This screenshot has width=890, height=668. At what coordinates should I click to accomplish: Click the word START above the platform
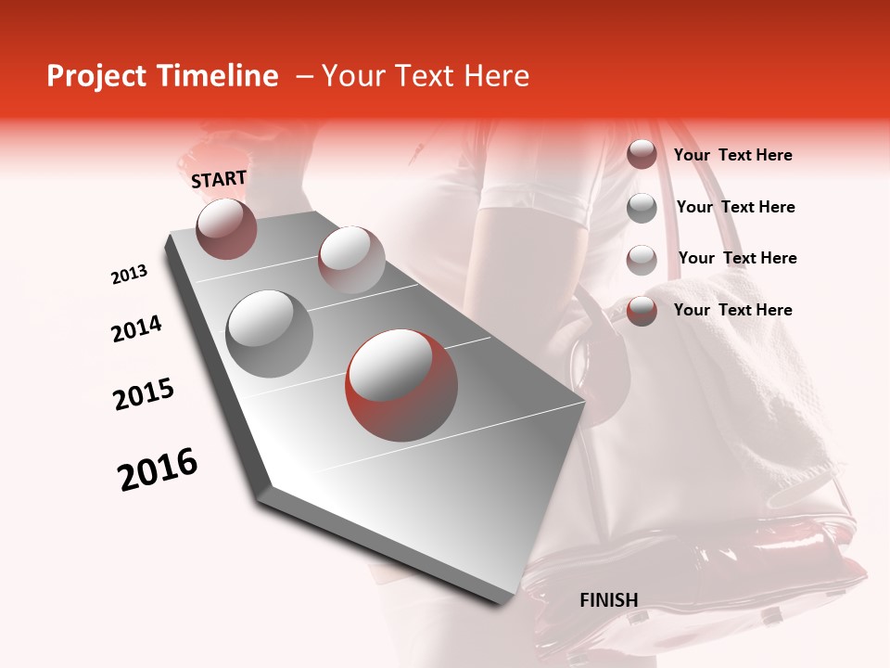(x=219, y=179)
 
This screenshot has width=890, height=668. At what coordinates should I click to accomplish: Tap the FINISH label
(x=608, y=600)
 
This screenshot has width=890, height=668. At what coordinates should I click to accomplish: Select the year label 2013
(x=129, y=275)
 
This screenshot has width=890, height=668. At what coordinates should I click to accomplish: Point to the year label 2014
(x=136, y=328)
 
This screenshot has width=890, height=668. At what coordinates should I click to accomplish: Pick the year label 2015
(x=143, y=394)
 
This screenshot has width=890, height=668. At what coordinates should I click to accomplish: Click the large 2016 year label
(x=158, y=469)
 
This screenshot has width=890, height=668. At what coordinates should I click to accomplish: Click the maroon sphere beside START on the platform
(x=226, y=228)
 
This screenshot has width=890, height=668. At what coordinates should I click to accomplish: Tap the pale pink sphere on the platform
(x=350, y=259)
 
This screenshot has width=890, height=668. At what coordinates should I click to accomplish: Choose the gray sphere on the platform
(x=269, y=333)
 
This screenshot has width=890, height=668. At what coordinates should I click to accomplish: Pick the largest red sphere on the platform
(x=401, y=383)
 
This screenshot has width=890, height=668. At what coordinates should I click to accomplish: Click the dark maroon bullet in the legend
(x=642, y=155)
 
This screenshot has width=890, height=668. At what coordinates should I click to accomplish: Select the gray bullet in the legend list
(x=642, y=207)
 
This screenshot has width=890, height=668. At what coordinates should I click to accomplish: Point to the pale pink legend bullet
(x=642, y=259)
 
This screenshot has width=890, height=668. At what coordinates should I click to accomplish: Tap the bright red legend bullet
(x=642, y=310)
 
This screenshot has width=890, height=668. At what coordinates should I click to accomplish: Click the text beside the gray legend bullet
(x=735, y=207)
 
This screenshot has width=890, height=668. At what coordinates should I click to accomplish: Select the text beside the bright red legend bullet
(x=732, y=310)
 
